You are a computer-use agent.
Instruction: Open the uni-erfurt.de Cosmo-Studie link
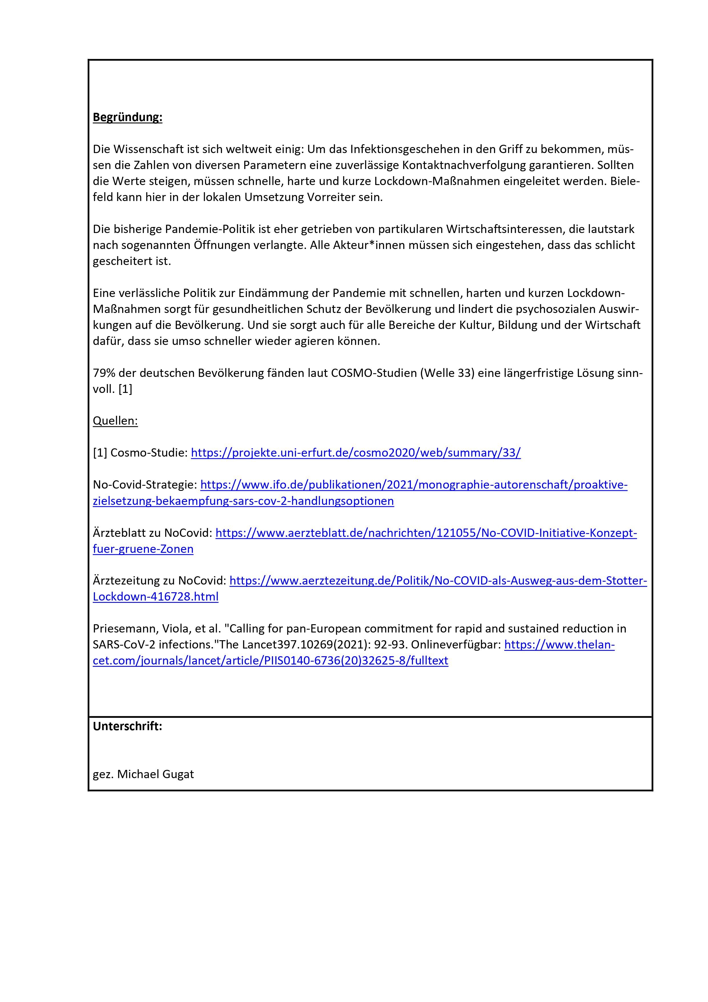pos(356,453)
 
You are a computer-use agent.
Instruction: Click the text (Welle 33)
pos(447,373)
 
